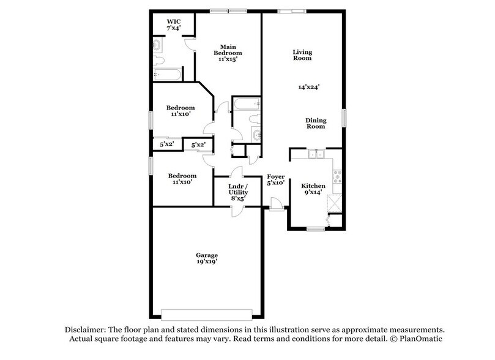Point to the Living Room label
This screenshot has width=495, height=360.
[x=302, y=55]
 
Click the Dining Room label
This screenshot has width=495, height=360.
[x=315, y=124]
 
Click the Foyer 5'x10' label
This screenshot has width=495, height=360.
[x=275, y=180]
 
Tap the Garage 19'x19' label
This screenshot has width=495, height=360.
[x=207, y=258]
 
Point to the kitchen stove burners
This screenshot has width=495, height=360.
[x=337, y=177]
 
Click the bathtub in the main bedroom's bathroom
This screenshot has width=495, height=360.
[x=166, y=75]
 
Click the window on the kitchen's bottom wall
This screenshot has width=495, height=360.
[x=315, y=229]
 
